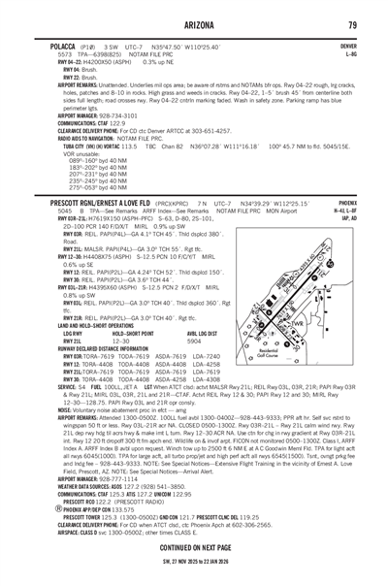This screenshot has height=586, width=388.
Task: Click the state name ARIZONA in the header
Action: pyautogui.click(x=194, y=24)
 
